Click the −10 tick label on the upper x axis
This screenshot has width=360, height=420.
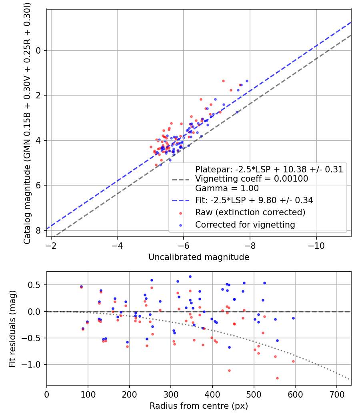(316, 244)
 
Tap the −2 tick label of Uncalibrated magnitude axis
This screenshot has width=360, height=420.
(51, 244)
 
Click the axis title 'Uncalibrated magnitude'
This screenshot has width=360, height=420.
(199, 257)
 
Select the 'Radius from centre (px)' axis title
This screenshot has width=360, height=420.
(199, 406)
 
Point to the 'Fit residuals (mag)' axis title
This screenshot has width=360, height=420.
(12, 328)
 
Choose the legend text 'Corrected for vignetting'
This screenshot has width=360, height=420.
(245, 225)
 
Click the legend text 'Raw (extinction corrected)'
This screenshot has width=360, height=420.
(250, 212)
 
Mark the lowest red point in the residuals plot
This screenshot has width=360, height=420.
(277, 378)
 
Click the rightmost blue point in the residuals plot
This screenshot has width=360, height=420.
(293, 318)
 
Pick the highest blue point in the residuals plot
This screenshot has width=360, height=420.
(190, 276)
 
